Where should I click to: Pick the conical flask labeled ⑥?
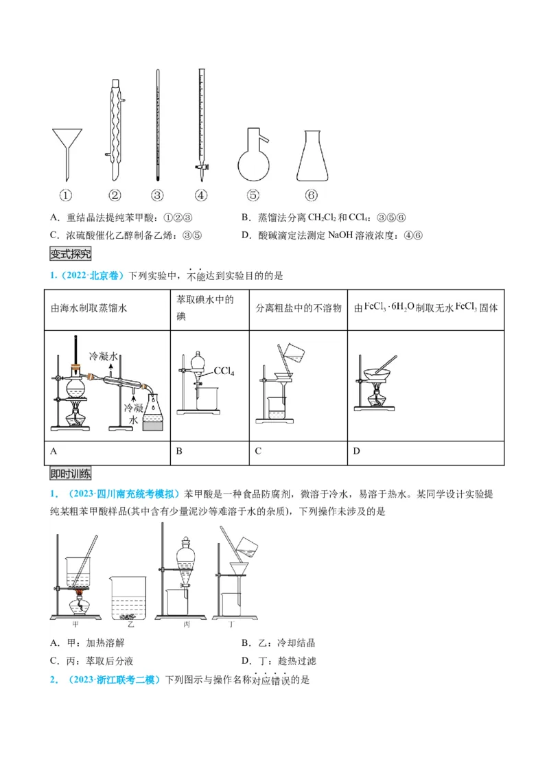[x=312, y=158]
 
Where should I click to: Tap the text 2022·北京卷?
[x=90, y=276]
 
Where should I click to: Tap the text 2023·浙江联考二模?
[x=113, y=680]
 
